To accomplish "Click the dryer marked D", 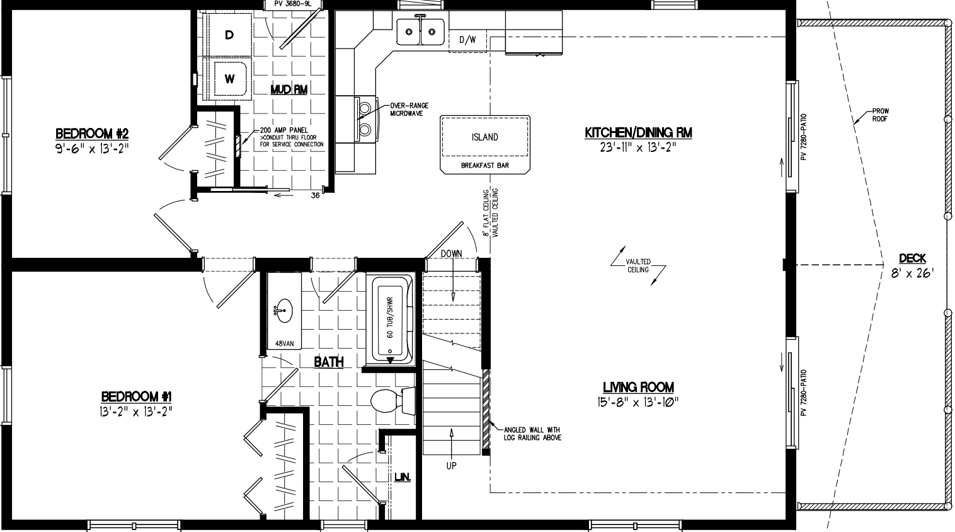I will pyautogui.click(x=229, y=35).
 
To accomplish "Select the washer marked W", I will pyautogui.click(x=229, y=79).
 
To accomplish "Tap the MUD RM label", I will pyautogui.click(x=289, y=90).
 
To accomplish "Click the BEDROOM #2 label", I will pyautogui.click(x=92, y=134).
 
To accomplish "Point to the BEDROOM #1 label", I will pyautogui.click(x=137, y=396).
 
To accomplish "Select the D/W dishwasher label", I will pyautogui.click(x=467, y=40).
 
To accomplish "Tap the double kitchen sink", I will pyautogui.click(x=420, y=30).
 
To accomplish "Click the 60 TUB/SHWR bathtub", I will pyautogui.click(x=391, y=318).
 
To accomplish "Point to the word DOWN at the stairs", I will pyautogui.click(x=451, y=253).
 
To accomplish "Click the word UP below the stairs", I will pyautogui.click(x=451, y=466).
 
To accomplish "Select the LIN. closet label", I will pyautogui.click(x=403, y=478).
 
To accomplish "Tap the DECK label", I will pyautogui.click(x=912, y=258).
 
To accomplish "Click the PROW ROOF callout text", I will pyautogui.click(x=880, y=115).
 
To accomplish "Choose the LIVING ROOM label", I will pyautogui.click(x=638, y=387).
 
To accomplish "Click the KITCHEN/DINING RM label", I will pyautogui.click(x=638, y=132).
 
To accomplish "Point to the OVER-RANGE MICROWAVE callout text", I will pyautogui.click(x=406, y=109).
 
